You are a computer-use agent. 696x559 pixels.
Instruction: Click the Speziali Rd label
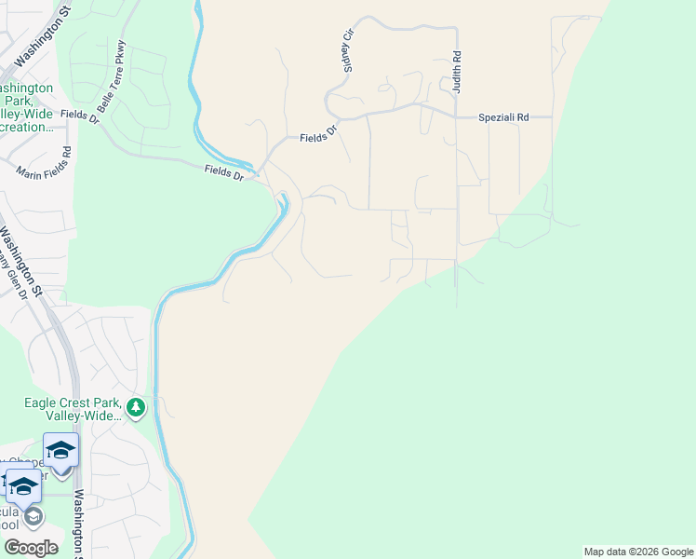click(x=503, y=117)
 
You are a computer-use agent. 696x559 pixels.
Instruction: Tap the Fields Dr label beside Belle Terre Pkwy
click(x=79, y=116)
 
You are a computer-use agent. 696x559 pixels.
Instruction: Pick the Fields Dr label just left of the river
click(x=223, y=172)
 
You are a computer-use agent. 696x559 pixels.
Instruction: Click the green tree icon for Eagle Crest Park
click(x=136, y=407)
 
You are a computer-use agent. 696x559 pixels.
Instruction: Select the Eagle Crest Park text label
click(x=73, y=409)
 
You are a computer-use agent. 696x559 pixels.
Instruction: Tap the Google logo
click(x=30, y=547)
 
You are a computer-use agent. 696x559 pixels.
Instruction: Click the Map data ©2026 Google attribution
click(x=637, y=552)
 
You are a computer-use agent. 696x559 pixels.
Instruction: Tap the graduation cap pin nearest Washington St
click(x=61, y=451)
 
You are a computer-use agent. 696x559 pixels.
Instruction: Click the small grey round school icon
click(x=32, y=516)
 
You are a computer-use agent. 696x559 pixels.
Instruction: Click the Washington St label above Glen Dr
click(x=20, y=262)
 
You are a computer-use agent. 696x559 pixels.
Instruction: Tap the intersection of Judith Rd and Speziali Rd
click(x=457, y=117)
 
